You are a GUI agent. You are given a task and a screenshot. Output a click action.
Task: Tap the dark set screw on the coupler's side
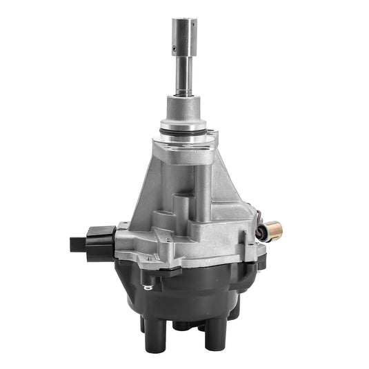pos(174,48)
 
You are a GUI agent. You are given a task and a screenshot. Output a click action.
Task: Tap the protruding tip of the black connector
pos(77,243)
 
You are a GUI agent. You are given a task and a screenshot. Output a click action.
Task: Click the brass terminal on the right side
pos(277,228)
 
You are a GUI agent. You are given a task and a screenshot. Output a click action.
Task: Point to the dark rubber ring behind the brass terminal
pos(261,231)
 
